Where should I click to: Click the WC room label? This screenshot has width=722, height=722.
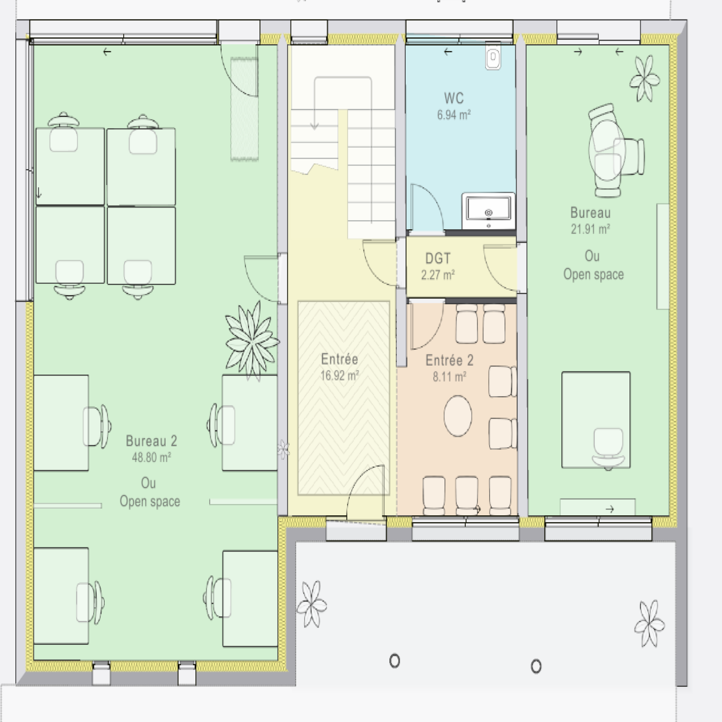[x=454, y=98]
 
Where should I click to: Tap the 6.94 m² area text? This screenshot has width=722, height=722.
[x=454, y=115]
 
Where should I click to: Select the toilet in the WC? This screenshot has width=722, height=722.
[x=493, y=56]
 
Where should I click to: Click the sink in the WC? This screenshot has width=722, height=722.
[x=488, y=211]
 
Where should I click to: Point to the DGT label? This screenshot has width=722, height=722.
[x=438, y=259]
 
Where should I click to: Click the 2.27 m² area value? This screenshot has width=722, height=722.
[x=438, y=275]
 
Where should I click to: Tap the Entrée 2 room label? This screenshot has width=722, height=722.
[x=449, y=361]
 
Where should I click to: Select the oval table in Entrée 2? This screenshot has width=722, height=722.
[x=458, y=416]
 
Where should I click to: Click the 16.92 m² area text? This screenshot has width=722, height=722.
[x=339, y=375]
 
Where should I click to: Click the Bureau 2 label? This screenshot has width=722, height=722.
[x=151, y=441]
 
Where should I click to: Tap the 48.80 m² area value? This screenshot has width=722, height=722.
[x=151, y=458]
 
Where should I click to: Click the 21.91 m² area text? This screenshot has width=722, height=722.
[x=590, y=229]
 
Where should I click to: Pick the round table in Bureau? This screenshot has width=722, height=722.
[x=607, y=152]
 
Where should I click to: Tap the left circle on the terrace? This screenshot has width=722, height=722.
[x=394, y=661]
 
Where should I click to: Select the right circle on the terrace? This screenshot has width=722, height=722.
[x=536, y=666]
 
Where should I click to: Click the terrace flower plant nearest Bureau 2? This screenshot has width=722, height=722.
[x=311, y=604]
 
